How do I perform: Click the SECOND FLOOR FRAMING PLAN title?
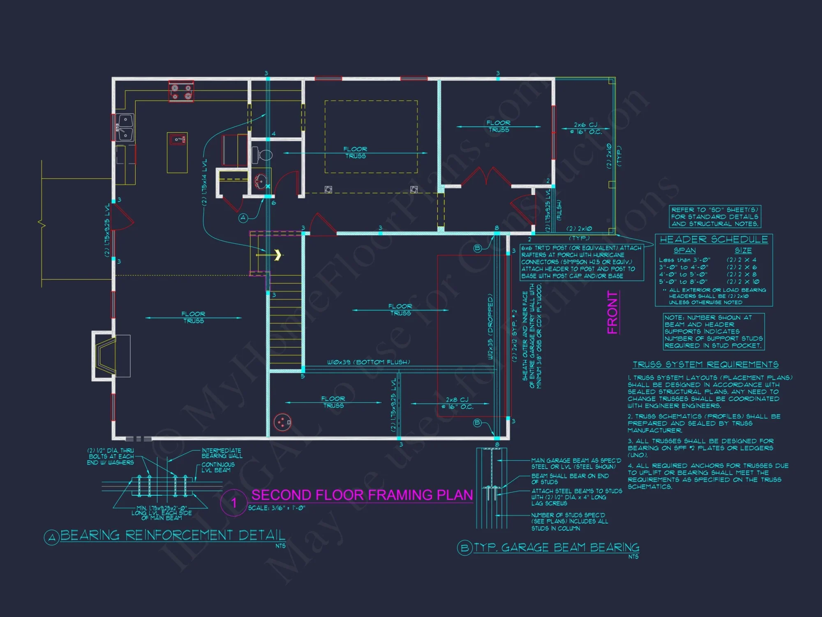point(362,495)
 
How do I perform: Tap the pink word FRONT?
point(612,312)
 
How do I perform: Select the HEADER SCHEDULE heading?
point(713,239)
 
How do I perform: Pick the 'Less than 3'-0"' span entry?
point(684,260)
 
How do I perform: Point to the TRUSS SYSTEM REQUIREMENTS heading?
point(705,364)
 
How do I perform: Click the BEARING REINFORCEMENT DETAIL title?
point(173,535)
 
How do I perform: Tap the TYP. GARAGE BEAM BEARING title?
point(556,547)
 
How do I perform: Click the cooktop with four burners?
point(181,92)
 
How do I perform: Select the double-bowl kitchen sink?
point(125,128)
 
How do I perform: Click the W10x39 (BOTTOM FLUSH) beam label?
point(368,362)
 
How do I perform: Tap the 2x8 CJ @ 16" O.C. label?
point(457,403)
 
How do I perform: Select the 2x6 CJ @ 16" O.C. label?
point(586,128)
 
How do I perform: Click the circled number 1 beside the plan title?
point(234,503)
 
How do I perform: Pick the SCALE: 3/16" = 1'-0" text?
point(277,508)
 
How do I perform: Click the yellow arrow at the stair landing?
point(278,255)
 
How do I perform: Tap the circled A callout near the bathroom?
point(243,218)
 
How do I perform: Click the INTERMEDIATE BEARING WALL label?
point(222,453)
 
